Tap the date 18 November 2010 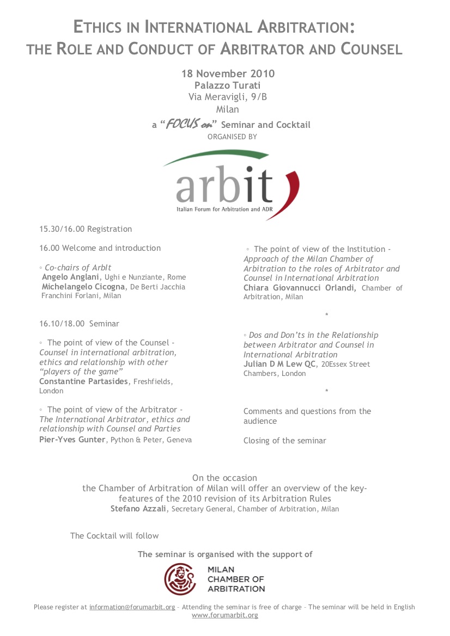(x=228, y=73)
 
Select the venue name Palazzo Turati (x=227, y=85)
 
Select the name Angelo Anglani (x=71, y=277)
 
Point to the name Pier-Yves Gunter (x=72, y=440)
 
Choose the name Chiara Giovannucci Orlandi (x=300, y=288)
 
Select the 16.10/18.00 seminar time (x=62, y=324)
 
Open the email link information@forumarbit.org (x=132, y=607)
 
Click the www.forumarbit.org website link (x=225, y=615)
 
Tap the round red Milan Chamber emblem (x=181, y=579)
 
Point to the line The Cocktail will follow (x=114, y=536)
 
